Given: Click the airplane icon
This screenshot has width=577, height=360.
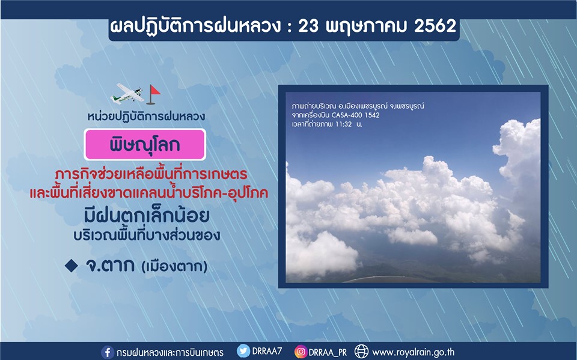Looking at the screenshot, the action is click(x=127, y=94).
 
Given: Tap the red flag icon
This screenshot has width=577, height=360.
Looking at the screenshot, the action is click(x=153, y=94).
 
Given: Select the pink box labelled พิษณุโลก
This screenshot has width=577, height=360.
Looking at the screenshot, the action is click(x=145, y=145).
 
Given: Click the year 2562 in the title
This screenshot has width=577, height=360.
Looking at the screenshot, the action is click(x=435, y=26).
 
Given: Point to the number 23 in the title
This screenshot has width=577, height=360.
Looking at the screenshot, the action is click(x=308, y=26).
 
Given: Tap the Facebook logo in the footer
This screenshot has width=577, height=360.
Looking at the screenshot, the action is click(x=108, y=352).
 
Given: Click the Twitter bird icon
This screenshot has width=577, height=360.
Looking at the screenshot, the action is click(x=243, y=351).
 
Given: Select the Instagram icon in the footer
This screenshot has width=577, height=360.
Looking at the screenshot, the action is click(x=301, y=352).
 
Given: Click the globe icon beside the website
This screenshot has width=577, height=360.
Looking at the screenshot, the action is click(x=361, y=352).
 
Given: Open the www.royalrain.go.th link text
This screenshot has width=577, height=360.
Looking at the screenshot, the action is click(x=414, y=352).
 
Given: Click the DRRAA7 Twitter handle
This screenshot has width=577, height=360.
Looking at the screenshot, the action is click(x=267, y=351).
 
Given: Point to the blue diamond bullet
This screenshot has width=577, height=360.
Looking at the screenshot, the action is click(x=71, y=266).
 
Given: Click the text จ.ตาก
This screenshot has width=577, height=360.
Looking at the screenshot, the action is click(x=109, y=265).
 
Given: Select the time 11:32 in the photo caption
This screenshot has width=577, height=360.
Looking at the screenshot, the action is click(x=343, y=124).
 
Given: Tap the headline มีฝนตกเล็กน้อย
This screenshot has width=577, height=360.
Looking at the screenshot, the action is click(x=147, y=215).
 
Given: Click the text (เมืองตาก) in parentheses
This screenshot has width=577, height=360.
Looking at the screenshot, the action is click(x=174, y=266).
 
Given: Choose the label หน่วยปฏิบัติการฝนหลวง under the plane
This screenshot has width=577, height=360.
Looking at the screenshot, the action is click(x=146, y=117).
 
